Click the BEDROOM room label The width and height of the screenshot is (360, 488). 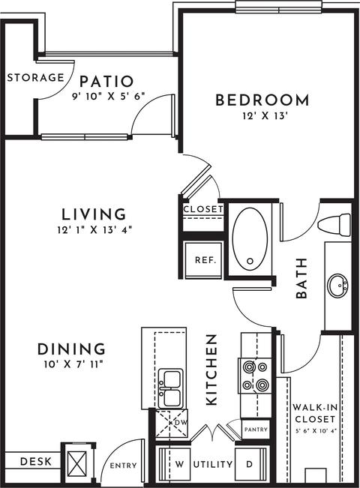[x=262, y=100]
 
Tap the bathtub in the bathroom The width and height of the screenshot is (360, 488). [x=250, y=239]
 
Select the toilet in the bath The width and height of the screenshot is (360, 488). [x=334, y=225]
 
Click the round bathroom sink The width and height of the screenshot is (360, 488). [x=337, y=285]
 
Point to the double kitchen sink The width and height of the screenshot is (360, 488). [x=170, y=388]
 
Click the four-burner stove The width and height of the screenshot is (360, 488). [x=255, y=376]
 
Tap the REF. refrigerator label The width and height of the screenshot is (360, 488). [x=205, y=260]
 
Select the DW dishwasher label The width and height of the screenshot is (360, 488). [x=181, y=423]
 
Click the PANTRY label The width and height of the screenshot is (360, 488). [x=256, y=430]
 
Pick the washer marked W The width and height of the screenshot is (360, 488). [x=175, y=465]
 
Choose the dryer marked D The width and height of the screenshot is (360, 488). [x=251, y=465]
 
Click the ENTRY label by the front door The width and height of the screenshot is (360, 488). [x=123, y=466]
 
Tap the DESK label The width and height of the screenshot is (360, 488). [x=36, y=461]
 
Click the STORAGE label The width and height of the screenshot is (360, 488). [x=35, y=77]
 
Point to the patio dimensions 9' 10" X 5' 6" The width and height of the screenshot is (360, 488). [x=109, y=96]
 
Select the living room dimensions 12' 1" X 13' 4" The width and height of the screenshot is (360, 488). [x=95, y=230]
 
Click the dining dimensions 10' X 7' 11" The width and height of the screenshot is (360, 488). [x=73, y=364]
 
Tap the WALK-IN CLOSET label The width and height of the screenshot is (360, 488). [x=315, y=413]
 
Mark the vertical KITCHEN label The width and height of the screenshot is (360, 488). [x=211, y=370]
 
